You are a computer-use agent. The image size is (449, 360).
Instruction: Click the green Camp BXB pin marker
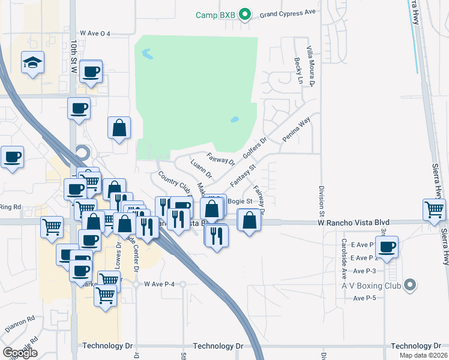tap(244, 14)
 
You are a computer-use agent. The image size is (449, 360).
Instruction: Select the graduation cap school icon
tap(32, 63)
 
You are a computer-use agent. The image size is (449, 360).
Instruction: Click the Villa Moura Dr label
tap(310, 66)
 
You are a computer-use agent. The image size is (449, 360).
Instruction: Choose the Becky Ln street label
tap(297, 72)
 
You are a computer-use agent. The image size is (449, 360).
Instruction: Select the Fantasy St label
tap(243, 174)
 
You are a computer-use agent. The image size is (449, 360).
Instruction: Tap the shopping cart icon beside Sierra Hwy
tap(434, 210)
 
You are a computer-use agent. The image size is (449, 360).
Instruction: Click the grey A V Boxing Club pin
tap(411, 285)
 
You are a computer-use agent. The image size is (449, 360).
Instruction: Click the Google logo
tap(20, 353)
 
